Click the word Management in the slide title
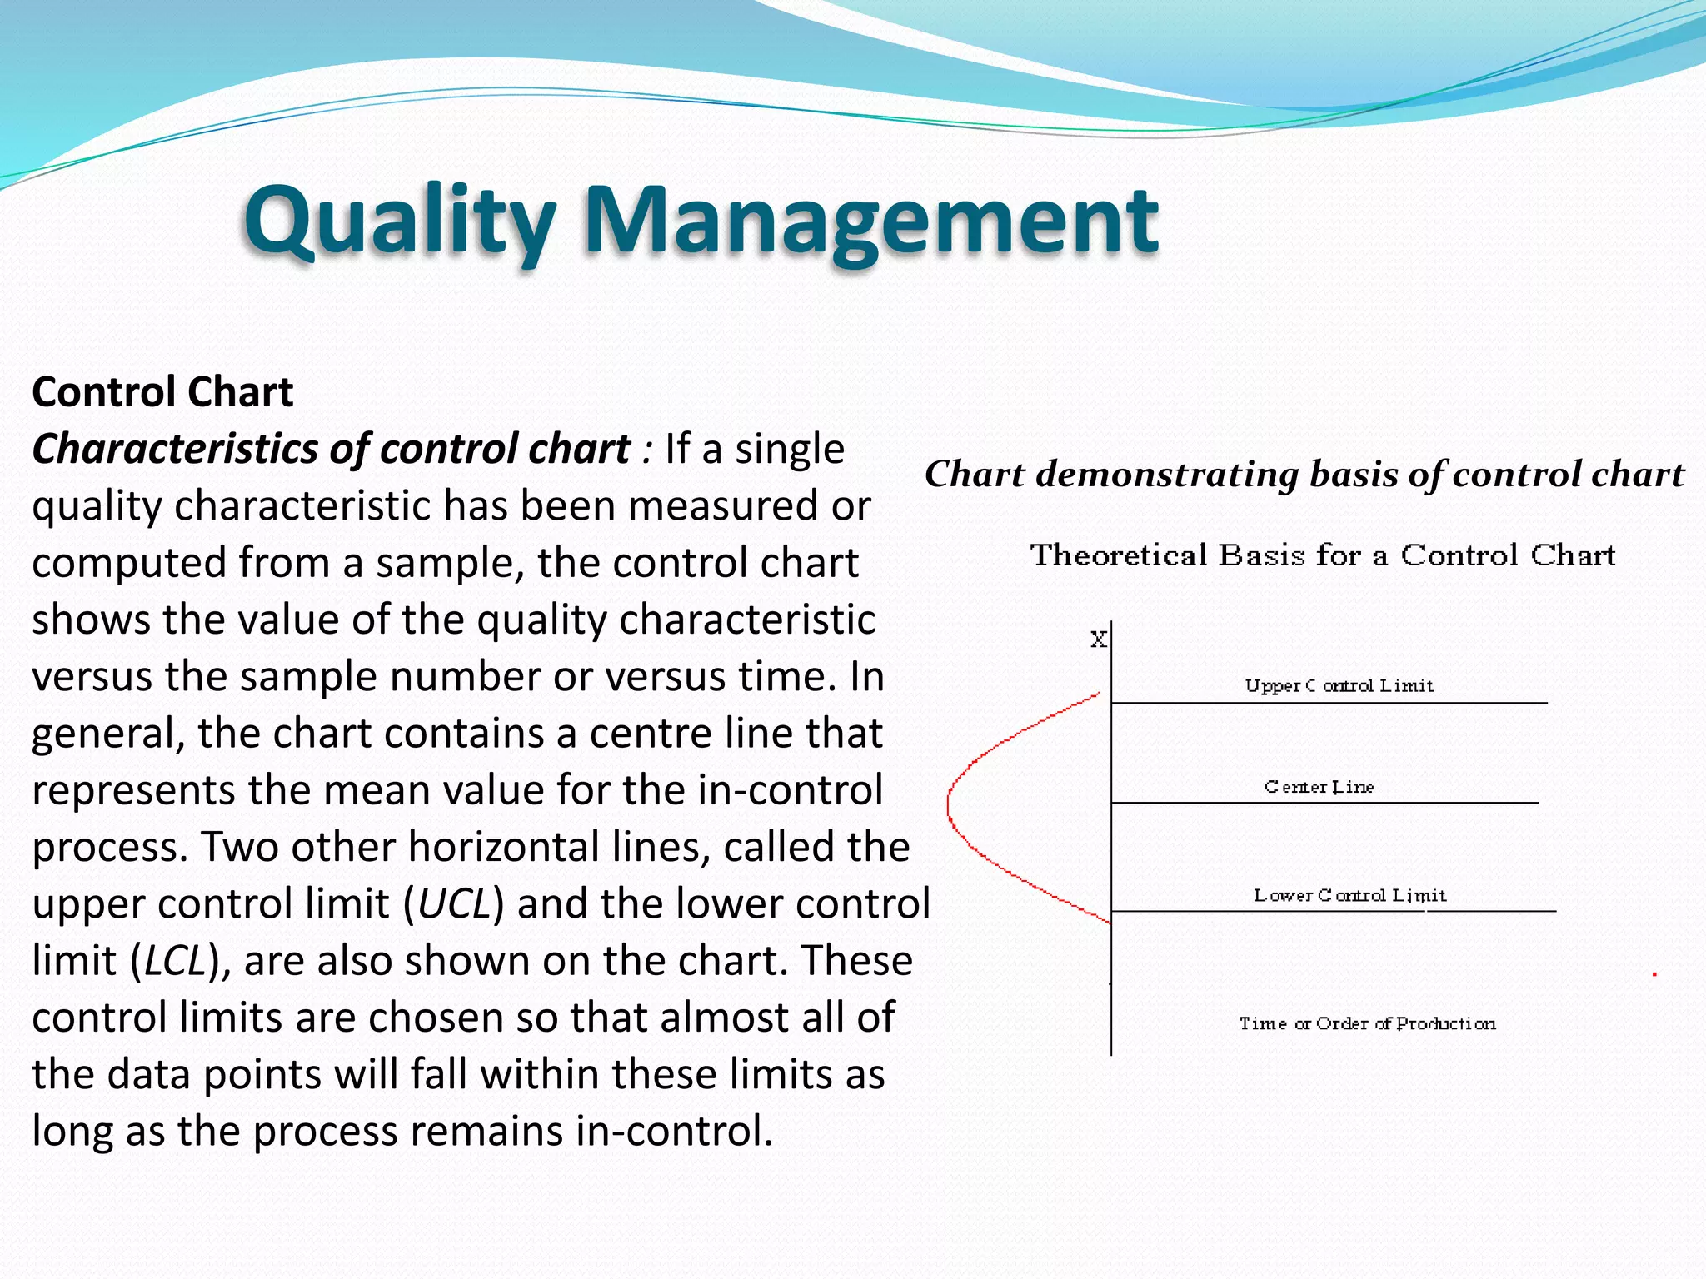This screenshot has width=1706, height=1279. (x=870, y=221)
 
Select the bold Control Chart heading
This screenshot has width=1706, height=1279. (x=162, y=391)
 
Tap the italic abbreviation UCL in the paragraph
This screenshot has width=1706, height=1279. (x=454, y=904)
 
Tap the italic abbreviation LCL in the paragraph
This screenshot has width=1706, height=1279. (x=175, y=961)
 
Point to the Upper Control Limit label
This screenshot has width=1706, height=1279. (x=1339, y=686)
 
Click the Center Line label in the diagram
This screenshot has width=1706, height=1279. (x=1319, y=787)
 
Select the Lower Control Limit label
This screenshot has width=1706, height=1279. (x=1349, y=896)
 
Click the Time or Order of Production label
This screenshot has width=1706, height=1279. (x=1367, y=1023)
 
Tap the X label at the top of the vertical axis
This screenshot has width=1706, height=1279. (x=1099, y=639)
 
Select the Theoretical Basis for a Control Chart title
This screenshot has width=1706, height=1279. (x=1322, y=555)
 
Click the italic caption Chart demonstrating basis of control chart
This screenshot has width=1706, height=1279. (x=1304, y=475)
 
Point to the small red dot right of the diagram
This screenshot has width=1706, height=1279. (x=1654, y=973)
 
